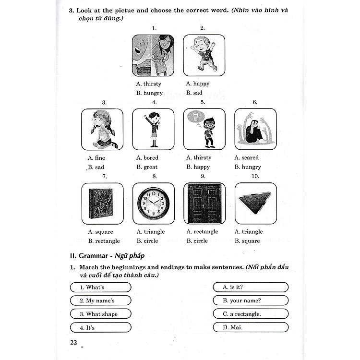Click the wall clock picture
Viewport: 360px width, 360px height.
pyautogui.click(x=153, y=203)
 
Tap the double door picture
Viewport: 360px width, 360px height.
pyautogui.click(x=204, y=203)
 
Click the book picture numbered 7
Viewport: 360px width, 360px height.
pyautogui.click(x=102, y=204)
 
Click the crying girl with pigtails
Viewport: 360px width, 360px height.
pyautogui.click(x=102, y=129)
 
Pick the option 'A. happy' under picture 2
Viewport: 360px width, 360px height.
pyautogui.click(x=198, y=84)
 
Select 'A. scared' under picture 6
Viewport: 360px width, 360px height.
pyautogui.click(x=247, y=157)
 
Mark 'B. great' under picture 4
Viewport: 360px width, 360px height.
pyautogui.click(x=147, y=167)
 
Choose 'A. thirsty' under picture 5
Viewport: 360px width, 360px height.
pyautogui.click(x=199, y=157)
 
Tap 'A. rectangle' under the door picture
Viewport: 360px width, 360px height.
pyautogui.click(x=202, y=231)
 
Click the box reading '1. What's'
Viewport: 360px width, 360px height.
pyautogui.click(x=100, y=287)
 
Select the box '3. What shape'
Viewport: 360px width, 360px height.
pyautogui.click(x=100, y=314)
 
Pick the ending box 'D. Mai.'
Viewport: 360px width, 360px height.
pyautogui.click(x=251, y=327)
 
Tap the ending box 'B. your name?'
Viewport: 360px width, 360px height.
pyautogui.click(x=251, y=300)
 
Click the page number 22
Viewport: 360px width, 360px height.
pyautogui.click(x=73, y=342)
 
